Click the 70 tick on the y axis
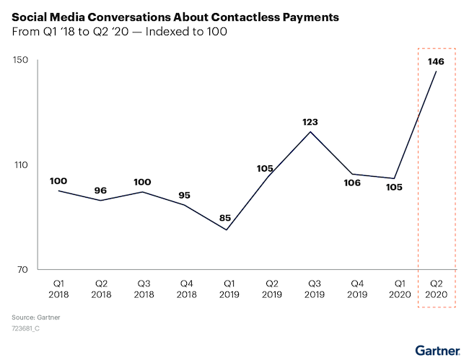point(22,270)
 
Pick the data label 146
point(435,62)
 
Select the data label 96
point(100,190)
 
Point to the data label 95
point(185,196)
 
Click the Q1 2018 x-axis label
point(58,289)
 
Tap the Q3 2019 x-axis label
point(312,289)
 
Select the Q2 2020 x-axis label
point(437,289)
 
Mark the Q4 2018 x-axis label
point(185,289)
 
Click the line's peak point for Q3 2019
point(310,131)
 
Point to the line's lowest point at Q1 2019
point(227,230)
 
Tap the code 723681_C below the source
point(26,328)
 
